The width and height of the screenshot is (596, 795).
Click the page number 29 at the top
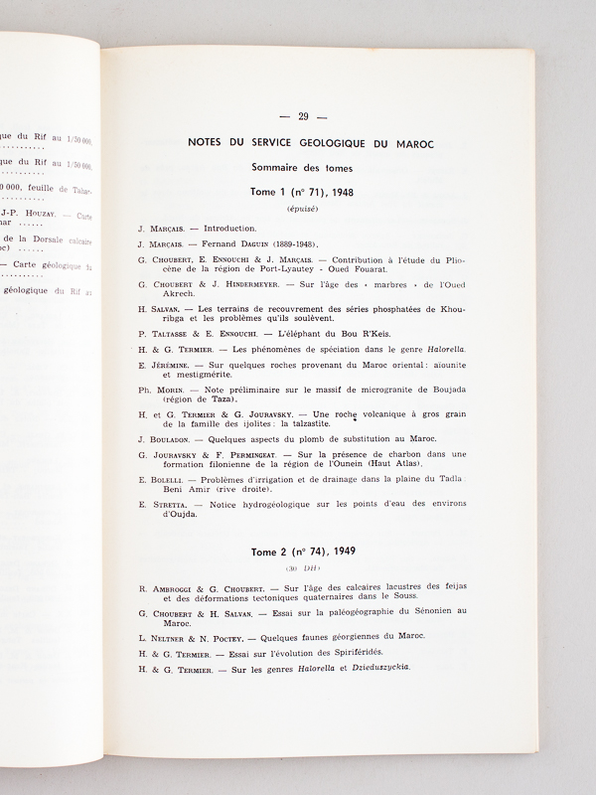(304, 119)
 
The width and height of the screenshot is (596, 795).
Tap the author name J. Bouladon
(166, 438)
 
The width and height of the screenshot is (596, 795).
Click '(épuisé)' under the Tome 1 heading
(302, 210)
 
